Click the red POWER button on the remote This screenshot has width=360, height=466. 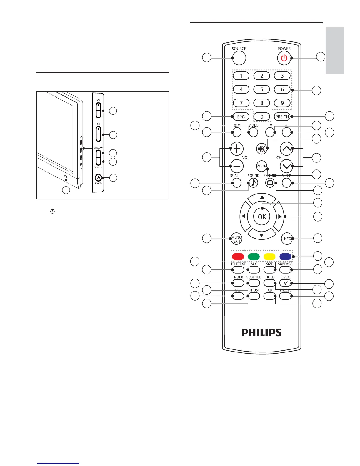(284, 58)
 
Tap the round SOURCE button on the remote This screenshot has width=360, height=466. (239, 58)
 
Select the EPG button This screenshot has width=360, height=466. (241, 117)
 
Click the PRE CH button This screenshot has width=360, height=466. (282, 117)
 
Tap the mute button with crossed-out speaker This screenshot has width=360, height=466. (261, 149)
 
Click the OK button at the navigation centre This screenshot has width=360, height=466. (262, 217)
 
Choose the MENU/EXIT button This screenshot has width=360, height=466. (236, 239)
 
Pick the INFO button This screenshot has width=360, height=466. (287, 239)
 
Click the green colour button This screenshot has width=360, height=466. (254, 257)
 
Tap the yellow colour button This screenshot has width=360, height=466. (269, 257)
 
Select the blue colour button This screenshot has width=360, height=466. (285, 257)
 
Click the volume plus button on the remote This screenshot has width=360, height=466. (237, 149)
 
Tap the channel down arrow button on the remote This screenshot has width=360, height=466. (286, 166)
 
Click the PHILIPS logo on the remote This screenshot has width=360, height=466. (261, 332)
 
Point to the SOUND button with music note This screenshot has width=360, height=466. (253, 183)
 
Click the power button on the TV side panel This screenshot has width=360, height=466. (98, 178)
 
